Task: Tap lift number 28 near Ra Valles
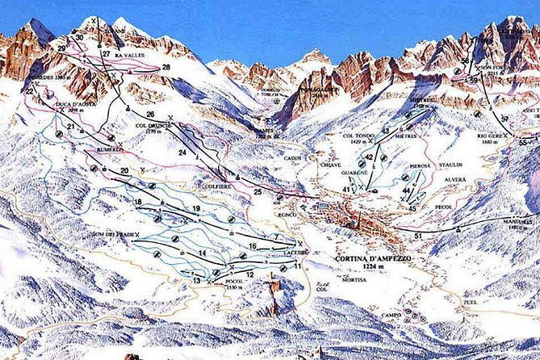(166, 67)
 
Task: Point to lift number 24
(182, 151)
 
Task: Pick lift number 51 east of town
(418, 235)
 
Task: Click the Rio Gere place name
(489, 135)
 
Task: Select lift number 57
(505, 119)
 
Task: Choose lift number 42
(369, 157)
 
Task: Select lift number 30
(79, 37)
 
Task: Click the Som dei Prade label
(112, 235)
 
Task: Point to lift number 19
(196, 209)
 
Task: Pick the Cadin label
(292, 159)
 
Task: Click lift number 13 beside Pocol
(196, 280)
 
